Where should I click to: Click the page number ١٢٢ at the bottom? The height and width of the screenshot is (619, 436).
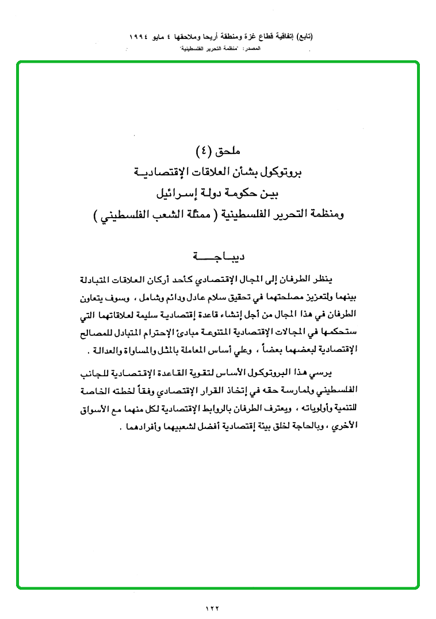click(x=213, y=608)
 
